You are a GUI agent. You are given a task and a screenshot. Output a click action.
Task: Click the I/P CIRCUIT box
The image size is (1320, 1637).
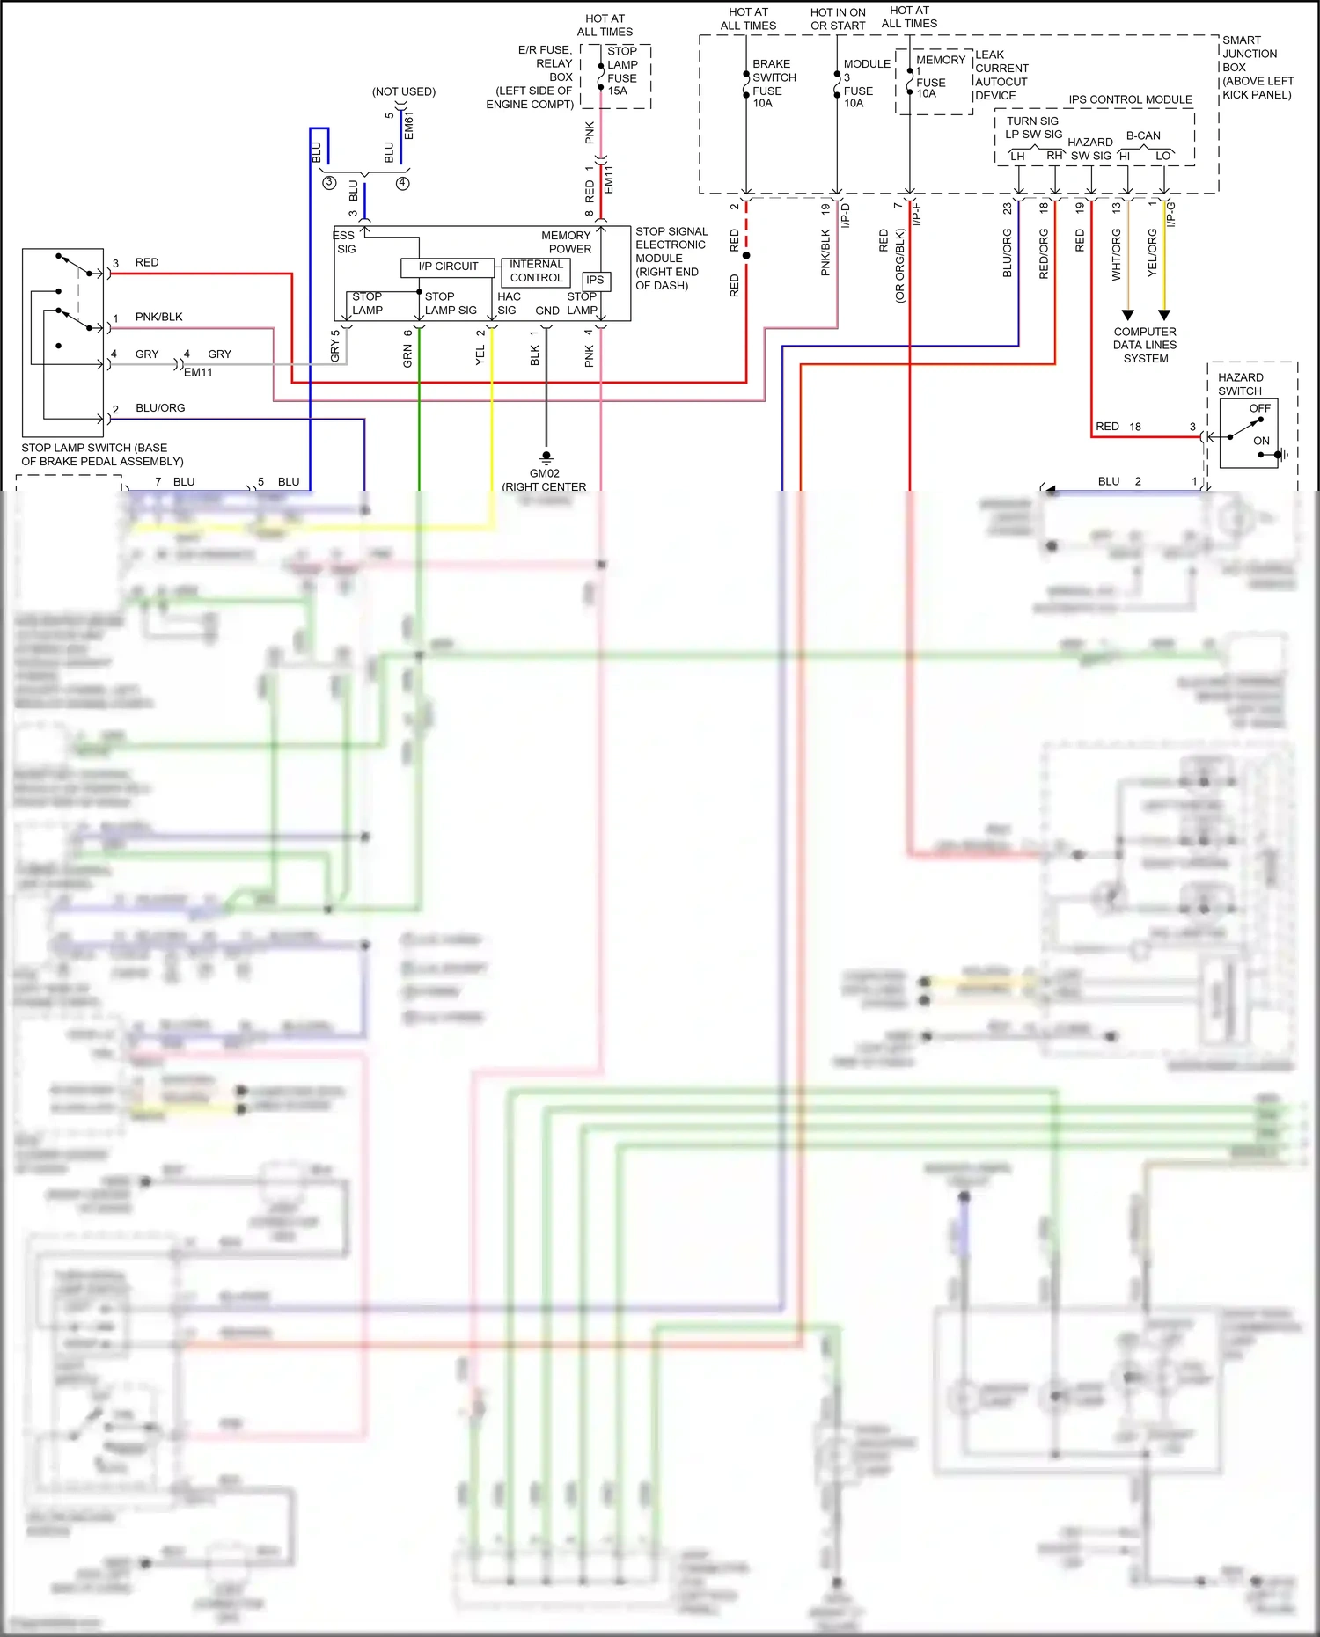[447, 267]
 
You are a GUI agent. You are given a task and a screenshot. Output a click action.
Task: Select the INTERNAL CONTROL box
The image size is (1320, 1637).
[536, 271]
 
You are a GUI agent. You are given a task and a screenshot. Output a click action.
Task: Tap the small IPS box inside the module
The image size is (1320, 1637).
[596, 281]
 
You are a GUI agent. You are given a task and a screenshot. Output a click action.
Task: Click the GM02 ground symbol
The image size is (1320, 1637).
[546, 457]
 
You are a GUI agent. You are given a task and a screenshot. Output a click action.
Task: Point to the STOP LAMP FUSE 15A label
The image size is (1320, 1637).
[622, 71]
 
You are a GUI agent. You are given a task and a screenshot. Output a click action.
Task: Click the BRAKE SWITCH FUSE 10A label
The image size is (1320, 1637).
[774, 84]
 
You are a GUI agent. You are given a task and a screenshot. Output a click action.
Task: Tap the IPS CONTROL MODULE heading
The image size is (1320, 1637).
[1130, 99]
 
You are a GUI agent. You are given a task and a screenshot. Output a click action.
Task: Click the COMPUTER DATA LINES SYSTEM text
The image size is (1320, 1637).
[1144, 345]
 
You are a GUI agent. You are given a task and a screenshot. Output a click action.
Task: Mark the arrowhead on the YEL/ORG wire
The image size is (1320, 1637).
[1164, 314]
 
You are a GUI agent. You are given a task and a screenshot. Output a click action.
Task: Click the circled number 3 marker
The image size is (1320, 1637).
[329, 183]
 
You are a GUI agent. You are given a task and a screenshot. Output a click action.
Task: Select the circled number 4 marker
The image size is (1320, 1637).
[402, 183]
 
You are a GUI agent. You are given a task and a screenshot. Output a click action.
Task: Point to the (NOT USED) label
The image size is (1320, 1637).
[403, 91]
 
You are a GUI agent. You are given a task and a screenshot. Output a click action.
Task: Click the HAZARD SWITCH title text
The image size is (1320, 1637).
[1240, 384]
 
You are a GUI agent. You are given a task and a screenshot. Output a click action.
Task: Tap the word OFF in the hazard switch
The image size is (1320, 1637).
[1259, 408]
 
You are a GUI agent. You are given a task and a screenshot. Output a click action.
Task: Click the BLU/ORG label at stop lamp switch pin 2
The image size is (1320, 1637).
[160, 408]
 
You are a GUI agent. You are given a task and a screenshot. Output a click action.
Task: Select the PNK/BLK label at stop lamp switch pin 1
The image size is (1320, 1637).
[158, 317]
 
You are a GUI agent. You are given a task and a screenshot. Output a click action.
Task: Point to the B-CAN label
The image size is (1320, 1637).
[1142, 135]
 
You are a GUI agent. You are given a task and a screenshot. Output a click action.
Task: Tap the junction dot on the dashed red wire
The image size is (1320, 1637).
[746, 256]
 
